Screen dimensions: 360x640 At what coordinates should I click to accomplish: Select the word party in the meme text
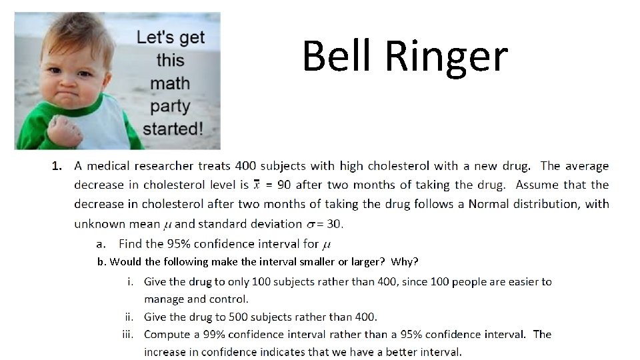click(170, 106)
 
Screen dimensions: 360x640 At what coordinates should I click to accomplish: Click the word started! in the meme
click(173, 127)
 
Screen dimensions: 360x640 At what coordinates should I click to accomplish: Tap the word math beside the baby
click(170, 83)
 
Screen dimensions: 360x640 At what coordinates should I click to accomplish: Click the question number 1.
click(57, 165)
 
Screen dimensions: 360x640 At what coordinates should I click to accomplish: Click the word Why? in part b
click(405, 261)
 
